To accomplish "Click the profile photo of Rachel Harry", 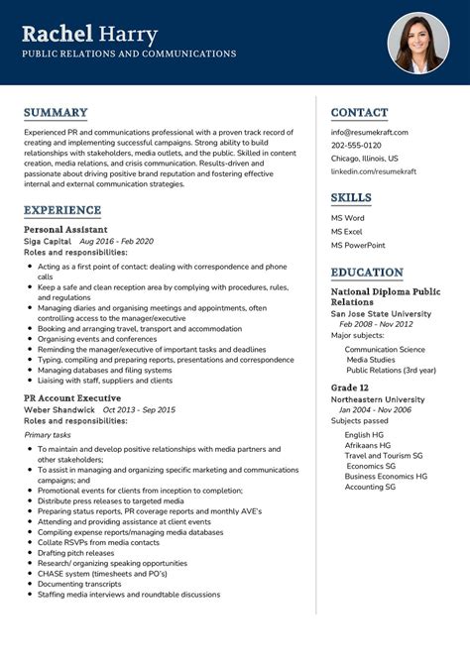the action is (418, 43).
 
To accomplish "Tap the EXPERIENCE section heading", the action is (62, 210).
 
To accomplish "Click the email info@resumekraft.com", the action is (369, 132).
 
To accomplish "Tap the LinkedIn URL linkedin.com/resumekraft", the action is (373, 170).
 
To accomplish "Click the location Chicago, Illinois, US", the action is (364, 158).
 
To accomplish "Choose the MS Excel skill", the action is (348, 231).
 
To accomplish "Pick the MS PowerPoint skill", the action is (358, 245).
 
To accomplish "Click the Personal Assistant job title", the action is (65, 229).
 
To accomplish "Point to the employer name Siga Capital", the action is (48, 241).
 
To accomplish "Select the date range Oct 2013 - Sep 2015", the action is (139, 409).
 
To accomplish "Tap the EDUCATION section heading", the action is (367, 273).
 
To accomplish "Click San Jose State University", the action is (381, 313).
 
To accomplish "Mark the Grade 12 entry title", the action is (350, 387).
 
